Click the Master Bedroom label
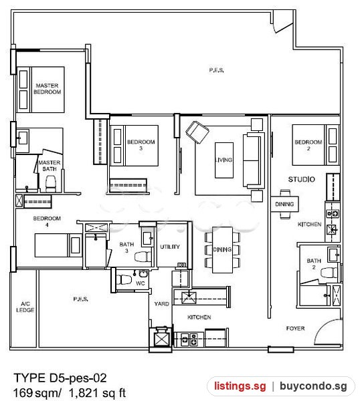(x=48, y=88)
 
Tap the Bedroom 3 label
(x=141, y=145)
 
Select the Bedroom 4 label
(x=47, y=221)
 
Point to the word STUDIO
(x=301, y=179)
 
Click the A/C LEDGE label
(x=25, y=307)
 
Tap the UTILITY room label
(x=170, y=247)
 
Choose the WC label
(x=141, y=283)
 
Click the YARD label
(x=161, y=304)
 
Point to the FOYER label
(x=296, y=328)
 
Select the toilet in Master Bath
(x=50, y=184)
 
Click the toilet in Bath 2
(x=329, y=272)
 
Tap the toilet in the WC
(x=124, y=279)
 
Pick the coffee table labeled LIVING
(x=224, y=160)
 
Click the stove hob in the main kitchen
(x=189, y=339)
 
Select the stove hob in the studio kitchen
(x=332, y=213)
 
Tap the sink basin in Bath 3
(x=148, y=239)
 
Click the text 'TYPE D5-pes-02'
(x=60, y=378)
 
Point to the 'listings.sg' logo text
(x=240, y=386)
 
